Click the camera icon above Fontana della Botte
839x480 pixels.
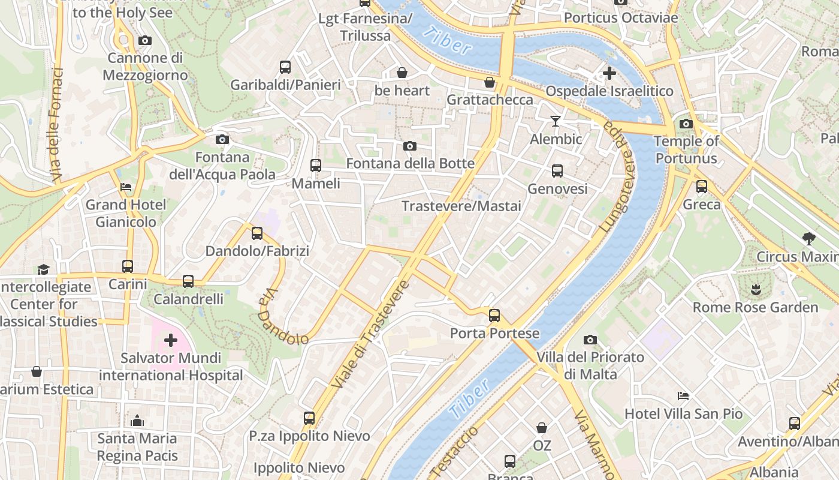410,146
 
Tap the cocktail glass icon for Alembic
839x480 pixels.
556,121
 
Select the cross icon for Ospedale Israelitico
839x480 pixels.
609,74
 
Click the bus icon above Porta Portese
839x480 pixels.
494,315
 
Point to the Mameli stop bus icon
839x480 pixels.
316,166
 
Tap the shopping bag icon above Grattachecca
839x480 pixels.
490,82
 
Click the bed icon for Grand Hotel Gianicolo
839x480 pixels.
126,187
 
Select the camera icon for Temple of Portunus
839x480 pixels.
686,124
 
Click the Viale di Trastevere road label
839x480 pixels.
370,333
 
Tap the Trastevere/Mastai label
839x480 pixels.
461,206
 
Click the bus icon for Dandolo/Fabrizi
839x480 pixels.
257,233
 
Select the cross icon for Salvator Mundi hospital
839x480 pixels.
171,341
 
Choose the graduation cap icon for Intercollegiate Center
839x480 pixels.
43,269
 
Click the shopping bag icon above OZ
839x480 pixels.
542,428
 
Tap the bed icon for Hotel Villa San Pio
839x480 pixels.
683,396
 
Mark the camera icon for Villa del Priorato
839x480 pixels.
590,340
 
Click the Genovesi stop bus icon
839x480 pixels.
557,171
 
